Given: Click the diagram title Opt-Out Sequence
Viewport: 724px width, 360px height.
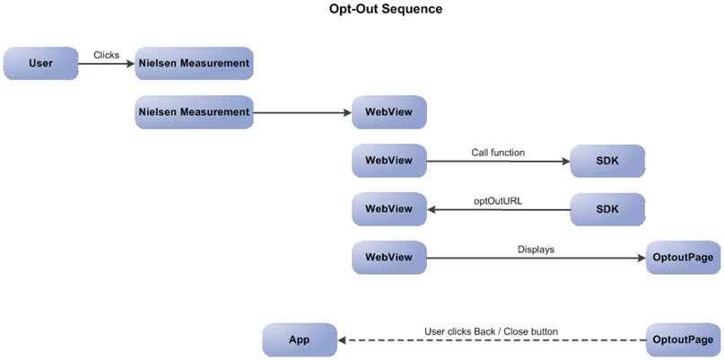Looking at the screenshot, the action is coord(386,9).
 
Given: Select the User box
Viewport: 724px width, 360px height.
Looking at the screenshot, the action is coord(40,64).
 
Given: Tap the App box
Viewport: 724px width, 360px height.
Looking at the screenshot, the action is coord(300,339).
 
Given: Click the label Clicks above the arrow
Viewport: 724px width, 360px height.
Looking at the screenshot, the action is coord(107,55).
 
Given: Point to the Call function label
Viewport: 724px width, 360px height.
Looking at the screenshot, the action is coord(498,152).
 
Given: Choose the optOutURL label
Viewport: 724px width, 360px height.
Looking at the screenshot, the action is coord(498,200).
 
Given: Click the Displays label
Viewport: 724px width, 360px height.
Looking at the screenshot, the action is coord(536,250).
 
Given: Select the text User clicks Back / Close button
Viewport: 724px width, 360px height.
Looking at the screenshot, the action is coord(492,331).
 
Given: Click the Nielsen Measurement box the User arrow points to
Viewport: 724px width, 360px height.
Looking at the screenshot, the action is coord(194,64).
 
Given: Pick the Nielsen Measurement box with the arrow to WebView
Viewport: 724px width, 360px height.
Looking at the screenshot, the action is coord(194,112).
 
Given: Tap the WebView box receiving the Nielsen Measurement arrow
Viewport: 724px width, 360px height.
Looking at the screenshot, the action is coord(388,112).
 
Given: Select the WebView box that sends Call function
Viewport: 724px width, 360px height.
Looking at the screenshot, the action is coord(388,161).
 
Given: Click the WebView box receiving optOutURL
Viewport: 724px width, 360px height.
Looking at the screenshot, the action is coord(388,209).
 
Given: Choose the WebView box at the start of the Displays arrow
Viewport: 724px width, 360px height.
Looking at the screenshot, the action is coord(388,258).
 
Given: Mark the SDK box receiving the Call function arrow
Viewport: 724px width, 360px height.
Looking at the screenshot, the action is coord(607,161).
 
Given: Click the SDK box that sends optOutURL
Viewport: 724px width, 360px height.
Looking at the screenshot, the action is coord(607,209).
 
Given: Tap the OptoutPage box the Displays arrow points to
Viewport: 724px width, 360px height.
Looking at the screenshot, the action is coord(684,258).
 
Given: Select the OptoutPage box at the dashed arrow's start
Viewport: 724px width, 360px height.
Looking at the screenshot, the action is coord(684,339).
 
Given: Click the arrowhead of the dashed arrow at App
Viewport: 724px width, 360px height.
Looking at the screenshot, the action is coord(343,340).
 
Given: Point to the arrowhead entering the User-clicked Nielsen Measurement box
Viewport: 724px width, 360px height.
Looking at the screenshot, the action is coord(130,64).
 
